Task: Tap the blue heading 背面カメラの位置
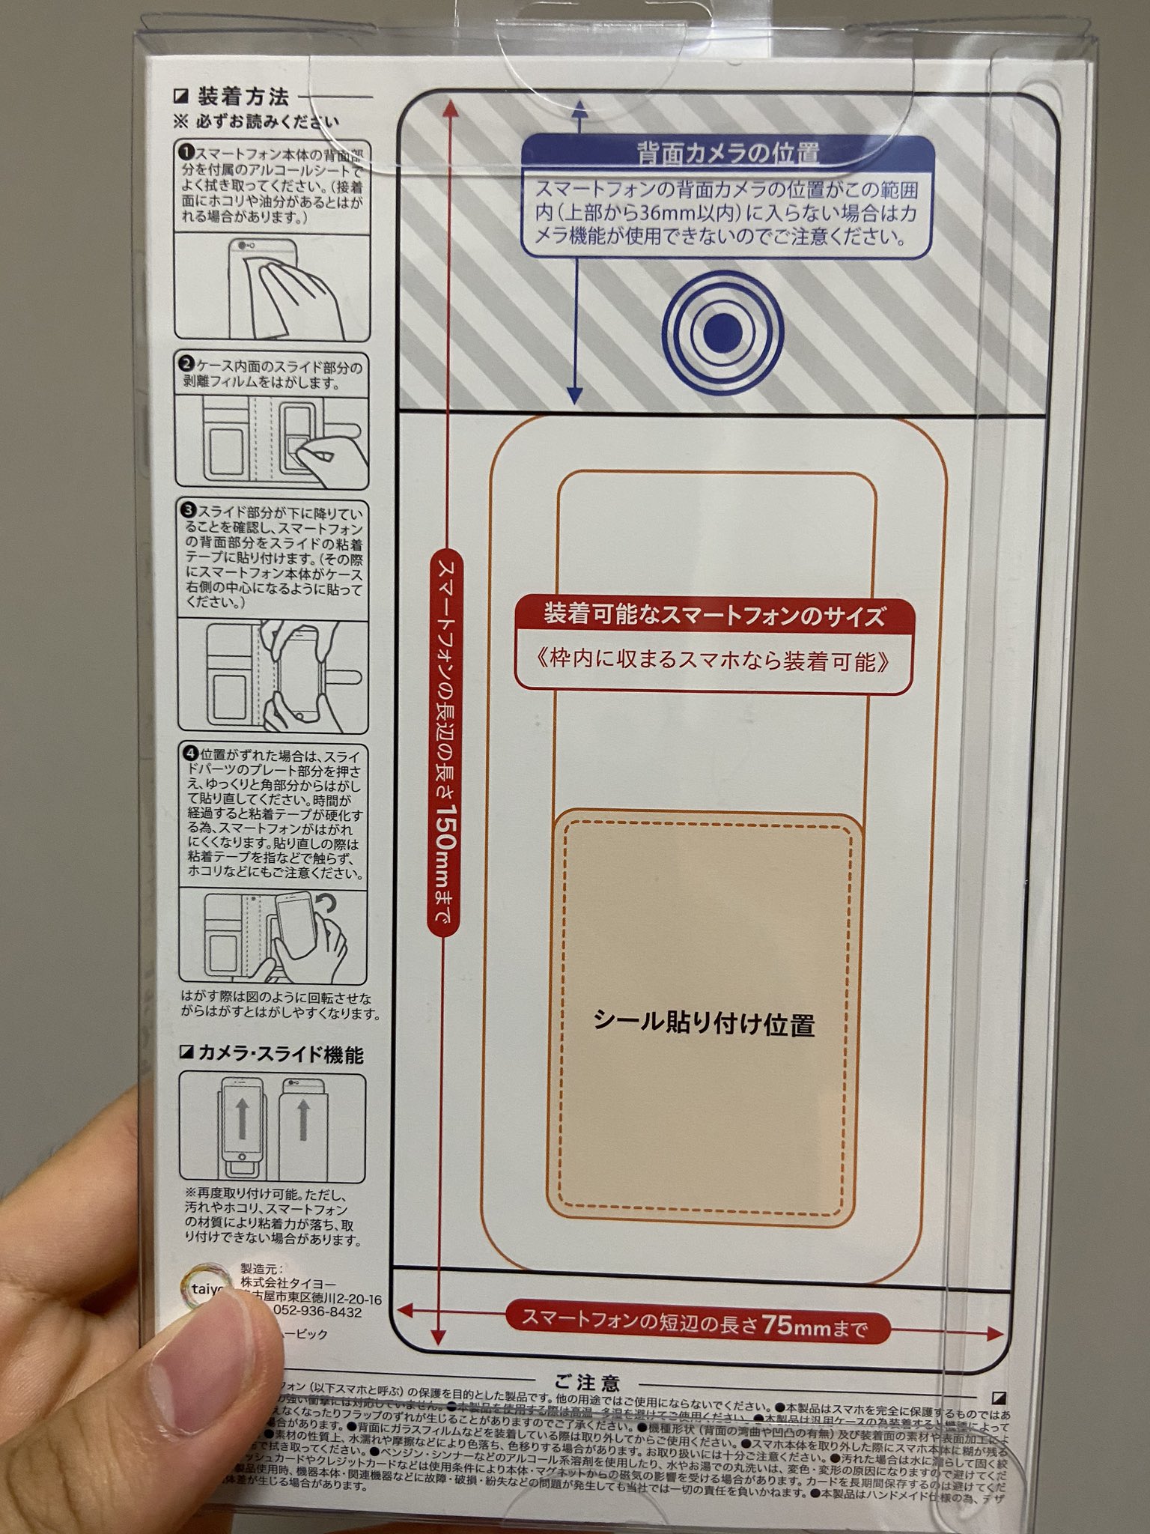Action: pyautogui.click(x=728, y=153)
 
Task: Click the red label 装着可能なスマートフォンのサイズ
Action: pyautogui.click(x=714, y=616)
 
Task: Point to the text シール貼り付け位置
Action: pyautogui.click(x=704, y=1022)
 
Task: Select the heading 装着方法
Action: pyautogui.click(x=243, y=97)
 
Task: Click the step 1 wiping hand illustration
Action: pyautogui.click(x=273, y=287)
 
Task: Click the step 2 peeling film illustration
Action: pyautogui.click(x=273, y=442)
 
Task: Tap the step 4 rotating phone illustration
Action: pyautogui.click(x=273, y=936)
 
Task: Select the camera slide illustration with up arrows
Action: pyautogui.click(x=273, y=1128)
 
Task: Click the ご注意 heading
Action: pyautogui.click(x=587, y=1383)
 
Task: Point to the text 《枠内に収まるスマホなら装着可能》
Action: pyautogui.click(x=714, y=661)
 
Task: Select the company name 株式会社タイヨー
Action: pyautogui.click(x=288, y=1284)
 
